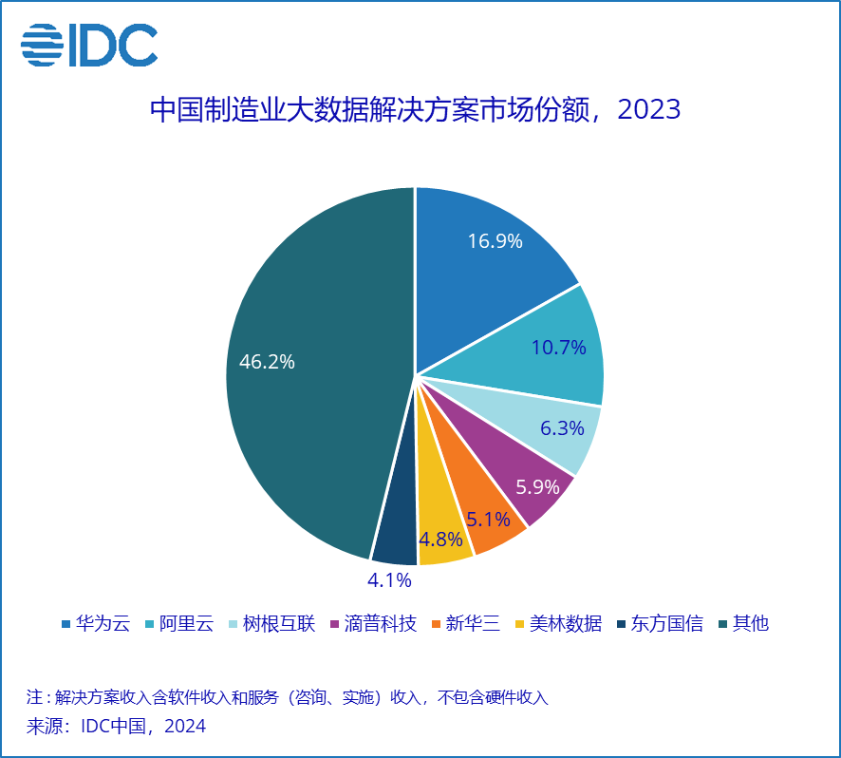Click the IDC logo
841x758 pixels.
point(89,44)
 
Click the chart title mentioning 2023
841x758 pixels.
point(416,109)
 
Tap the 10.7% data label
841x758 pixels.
point(558,348)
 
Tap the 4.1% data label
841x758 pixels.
point(389,579)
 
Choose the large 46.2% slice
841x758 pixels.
point(304,370)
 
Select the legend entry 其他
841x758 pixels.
point(750,624)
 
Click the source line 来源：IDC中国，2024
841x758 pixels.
point(116,727)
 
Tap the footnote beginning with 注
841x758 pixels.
point(288,697)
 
